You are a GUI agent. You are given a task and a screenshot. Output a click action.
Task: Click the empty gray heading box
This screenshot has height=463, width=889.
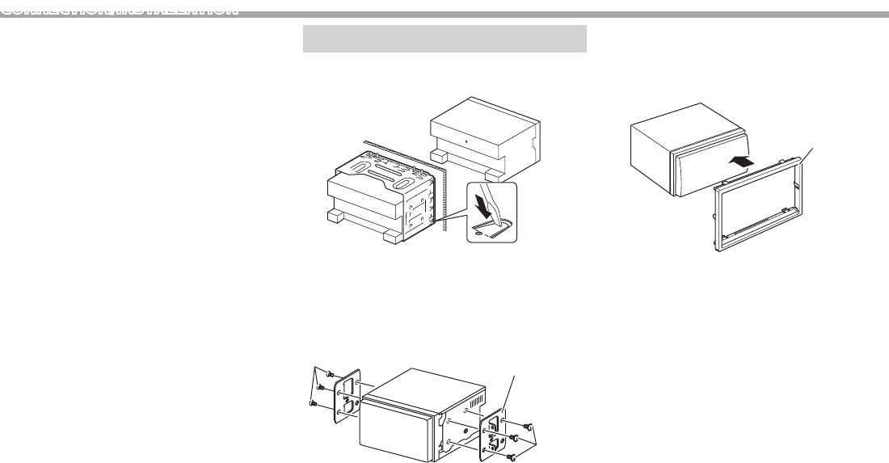click(x=444, y=38)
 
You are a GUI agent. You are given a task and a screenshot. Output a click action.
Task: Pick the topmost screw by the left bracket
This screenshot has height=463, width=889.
click(x=331, y=373)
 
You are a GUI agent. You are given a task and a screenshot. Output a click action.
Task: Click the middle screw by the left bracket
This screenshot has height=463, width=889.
click(x=321, y=387)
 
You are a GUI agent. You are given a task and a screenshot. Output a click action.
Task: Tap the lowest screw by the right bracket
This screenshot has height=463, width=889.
click(x=511, y=457)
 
